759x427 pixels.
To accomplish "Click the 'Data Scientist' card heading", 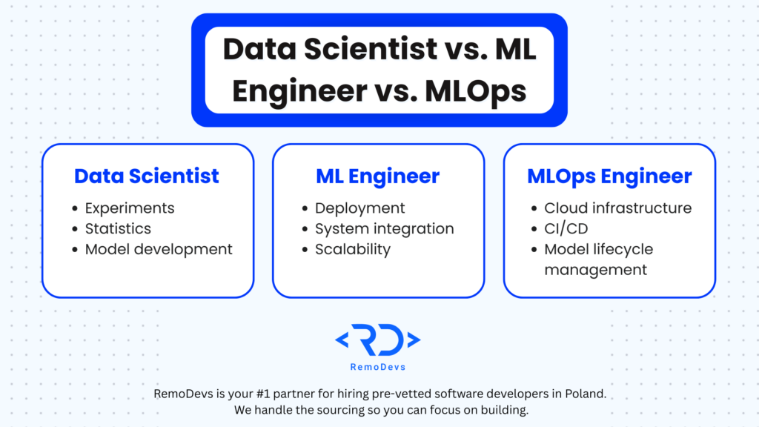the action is [146, 176].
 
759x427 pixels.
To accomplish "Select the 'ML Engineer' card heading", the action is [377, 176].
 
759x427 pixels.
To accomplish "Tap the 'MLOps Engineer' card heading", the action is [609, 176].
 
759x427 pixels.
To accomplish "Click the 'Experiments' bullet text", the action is [130, 208].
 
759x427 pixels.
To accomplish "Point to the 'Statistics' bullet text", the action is [118, 228].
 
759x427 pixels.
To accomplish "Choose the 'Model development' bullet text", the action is [159, 249].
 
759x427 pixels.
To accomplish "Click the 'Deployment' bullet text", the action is [359, 208].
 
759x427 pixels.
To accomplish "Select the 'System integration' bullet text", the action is [385, 228].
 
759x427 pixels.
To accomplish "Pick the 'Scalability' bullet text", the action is [352, 249].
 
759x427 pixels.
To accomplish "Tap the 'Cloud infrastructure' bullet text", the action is [617, 208].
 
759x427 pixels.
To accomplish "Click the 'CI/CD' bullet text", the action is [566, 228].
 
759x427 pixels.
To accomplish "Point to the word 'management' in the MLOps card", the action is [595, 270].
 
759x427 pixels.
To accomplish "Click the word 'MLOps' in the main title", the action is [475, 91].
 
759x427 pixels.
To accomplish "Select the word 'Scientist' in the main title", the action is [371, 50].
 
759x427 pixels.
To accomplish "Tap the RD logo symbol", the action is [377, 340].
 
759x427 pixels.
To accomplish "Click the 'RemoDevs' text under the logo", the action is [378, 367].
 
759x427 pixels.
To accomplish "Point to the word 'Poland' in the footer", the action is [585, 394].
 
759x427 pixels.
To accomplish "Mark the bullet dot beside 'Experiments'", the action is [75, 208].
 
